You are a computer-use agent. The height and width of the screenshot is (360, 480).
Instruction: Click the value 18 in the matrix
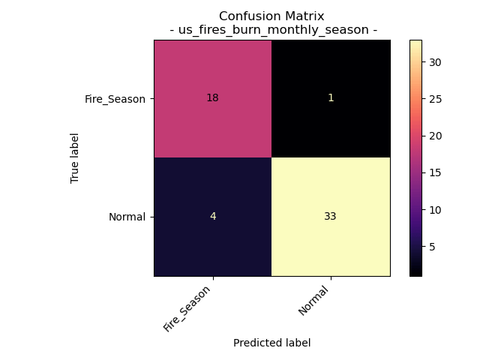(x=212, y=98)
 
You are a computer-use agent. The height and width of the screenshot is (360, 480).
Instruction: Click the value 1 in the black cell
(x=331, y=98)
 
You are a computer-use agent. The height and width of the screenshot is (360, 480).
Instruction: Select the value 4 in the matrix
(x=212, y=216)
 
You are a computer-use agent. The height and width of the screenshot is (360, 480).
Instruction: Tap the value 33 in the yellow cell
(x=331, y=216)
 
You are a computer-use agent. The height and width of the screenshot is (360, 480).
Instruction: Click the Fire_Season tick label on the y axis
(x=115, y=98)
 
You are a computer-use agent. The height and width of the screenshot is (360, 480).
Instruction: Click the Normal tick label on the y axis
(x=126, y=217)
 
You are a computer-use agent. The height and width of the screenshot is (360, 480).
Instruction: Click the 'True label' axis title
(x=75, y=157)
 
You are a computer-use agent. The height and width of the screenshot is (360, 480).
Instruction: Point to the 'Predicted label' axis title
(x=271, y=343)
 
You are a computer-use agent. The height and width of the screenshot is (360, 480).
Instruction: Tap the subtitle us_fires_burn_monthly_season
(x=273, y=30)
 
